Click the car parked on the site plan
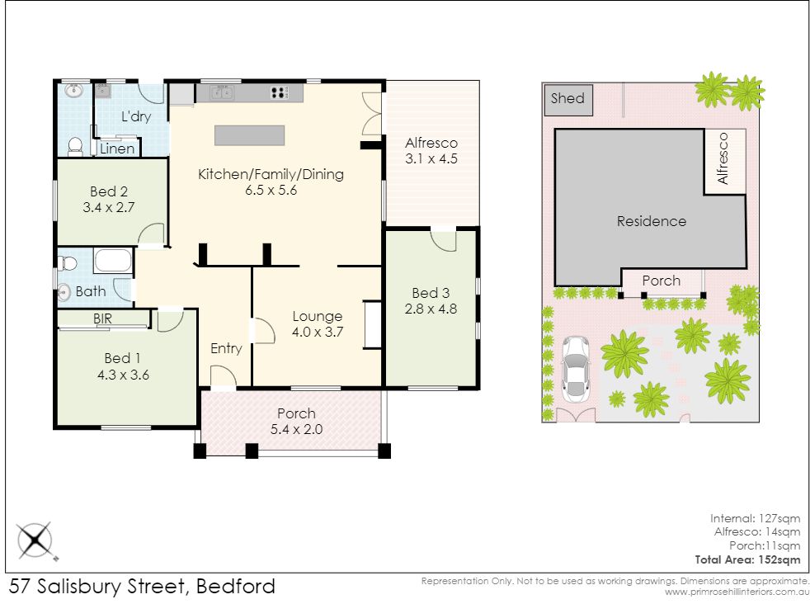pos(575,370)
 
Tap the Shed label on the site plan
pos(567,98)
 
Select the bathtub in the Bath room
pos(113,261)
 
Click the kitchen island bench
pos(249,135)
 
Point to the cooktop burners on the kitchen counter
pos(280,93)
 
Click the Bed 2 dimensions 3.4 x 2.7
pos(109,208)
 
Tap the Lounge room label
pos(318,316)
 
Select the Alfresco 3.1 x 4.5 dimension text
pos(431,158)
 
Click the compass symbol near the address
pos(35,540)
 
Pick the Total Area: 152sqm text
pos(747,559)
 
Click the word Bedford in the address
pos(236,587)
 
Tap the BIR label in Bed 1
pos(102,319)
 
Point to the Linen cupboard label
pos(117,149)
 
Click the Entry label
pos(226,349)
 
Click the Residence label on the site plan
pos(652,221)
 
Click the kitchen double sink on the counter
pos(222,93)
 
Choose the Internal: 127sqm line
pos(755,518)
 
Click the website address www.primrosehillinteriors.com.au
pos(737,592)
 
